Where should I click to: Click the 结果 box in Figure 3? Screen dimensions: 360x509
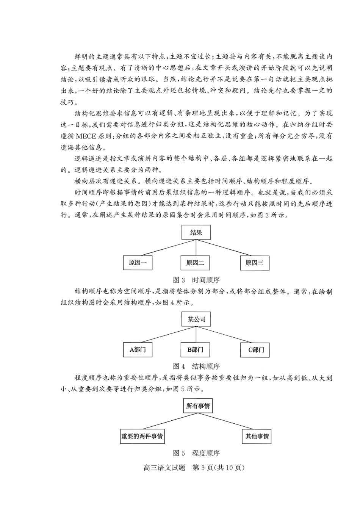click(x=196, y=232)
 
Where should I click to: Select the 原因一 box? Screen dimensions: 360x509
click(x=138, y=263)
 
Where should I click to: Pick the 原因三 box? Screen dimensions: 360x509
click(x=255, y=263)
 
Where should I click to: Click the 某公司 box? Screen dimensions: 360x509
click(x=196, y=319)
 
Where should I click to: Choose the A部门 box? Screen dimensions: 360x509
click(x=138, y=349)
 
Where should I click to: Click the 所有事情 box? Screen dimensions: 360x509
click(x=198, y=406)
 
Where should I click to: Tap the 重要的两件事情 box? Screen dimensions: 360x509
click(x=142, y=436)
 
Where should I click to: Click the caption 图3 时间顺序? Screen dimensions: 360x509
click(x=196, y=280)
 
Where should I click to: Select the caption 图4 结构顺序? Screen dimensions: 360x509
click(x=196, y=366)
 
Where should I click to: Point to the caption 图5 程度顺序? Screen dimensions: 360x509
click(x=196, y=453)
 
